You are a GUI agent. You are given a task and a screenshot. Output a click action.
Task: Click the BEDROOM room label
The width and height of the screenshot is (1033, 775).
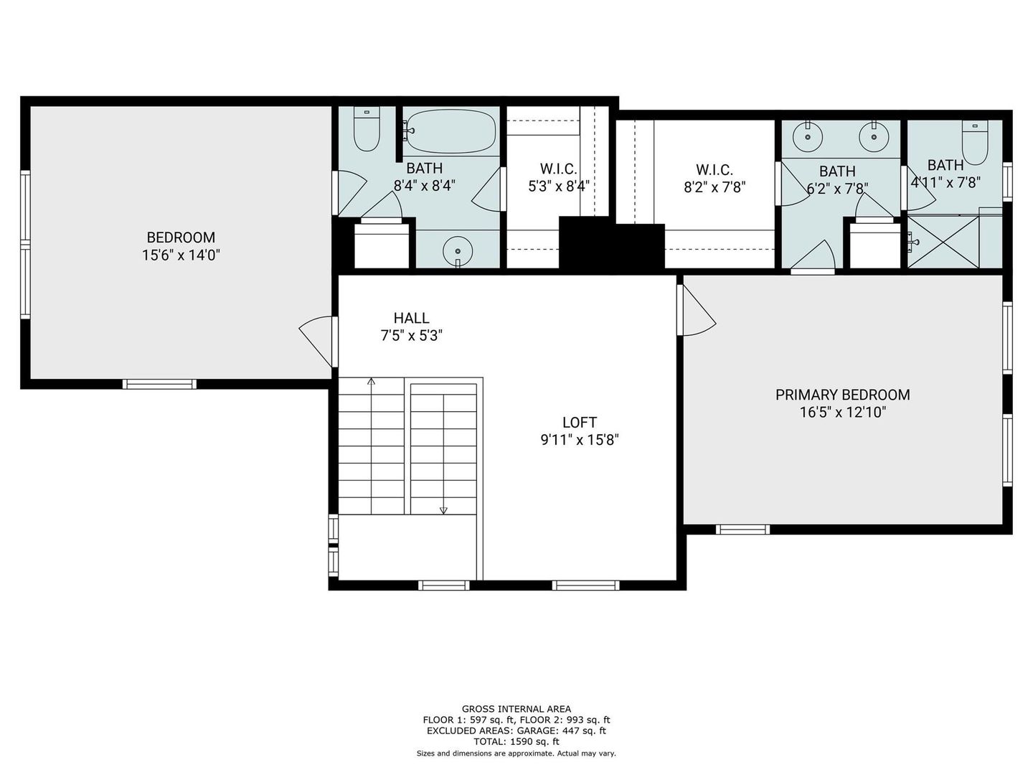(x=181, y=237)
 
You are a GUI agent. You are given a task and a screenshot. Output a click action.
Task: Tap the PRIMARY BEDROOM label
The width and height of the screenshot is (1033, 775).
(x=842, y=395)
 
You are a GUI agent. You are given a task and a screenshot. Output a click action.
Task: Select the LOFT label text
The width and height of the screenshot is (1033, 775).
(x=580, y=422)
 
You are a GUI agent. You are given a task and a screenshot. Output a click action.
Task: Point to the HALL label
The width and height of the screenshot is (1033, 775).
(x=411, y=318)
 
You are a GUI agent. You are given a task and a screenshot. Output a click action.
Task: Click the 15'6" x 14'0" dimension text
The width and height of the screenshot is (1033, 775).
(x=181, y=255)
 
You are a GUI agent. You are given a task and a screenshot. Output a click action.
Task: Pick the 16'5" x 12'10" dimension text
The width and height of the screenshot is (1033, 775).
(x=843, y=412)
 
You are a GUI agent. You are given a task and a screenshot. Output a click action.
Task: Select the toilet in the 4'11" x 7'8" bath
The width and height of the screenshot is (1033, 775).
(x=975, y=142)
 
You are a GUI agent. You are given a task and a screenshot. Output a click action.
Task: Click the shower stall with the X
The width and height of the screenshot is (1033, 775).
(x=943, y=243)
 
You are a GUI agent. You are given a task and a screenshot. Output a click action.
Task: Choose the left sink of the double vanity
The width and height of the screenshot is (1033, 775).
(x=808, y=136)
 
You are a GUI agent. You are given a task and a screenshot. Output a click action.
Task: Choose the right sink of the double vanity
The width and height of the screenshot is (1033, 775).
(x=874, y=136)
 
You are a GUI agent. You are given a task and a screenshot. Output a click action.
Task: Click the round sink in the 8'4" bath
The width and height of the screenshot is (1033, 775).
(x=458, y=251)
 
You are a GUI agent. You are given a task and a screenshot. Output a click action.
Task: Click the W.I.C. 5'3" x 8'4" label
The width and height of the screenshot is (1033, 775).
(x=559, y=177)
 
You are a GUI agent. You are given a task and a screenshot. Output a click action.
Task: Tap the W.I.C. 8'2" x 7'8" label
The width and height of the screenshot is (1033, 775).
(x=714, y=179)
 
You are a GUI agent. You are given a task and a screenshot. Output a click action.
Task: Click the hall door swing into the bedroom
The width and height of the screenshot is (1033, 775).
(x=316, y=342)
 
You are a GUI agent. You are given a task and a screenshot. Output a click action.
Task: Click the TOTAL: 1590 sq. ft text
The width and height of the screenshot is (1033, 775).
(x=516, y=741)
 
